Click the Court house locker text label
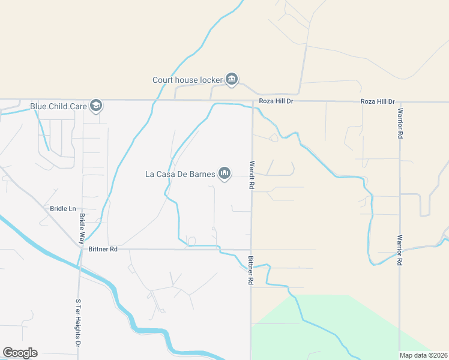click(x=187, y=80)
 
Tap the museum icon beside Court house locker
click(x=232, y=79)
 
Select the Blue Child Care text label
click(x=58, y=107)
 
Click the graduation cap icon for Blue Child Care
click(x=96, y=106)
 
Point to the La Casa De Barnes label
click(x=180, y=175)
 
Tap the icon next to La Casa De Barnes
click(x=225, y=174)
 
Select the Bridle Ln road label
click(x=63, y=209)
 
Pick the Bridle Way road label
click(x=82, y=223)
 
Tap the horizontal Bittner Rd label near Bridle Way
click(x=102, y=248)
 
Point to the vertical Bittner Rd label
click(x=250, y=270)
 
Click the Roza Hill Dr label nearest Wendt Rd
click(x=276, y=101)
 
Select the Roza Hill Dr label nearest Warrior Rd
click(x=378, y=101)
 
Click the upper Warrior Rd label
click(x=399, y=123)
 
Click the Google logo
click(x=20, y=353)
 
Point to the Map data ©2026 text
click(x=424, y=355)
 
